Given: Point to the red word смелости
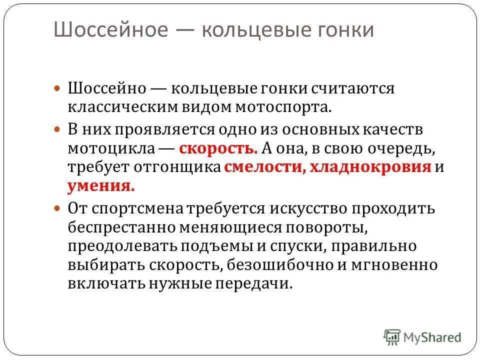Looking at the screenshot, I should (x=261, y=167).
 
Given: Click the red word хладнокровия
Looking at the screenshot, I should (x=370, y=167).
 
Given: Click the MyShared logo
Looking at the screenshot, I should (x=423, y=336).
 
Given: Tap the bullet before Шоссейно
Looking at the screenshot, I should (x=57, y=88).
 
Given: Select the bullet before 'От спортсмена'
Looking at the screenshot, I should (x=57, y=206).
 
